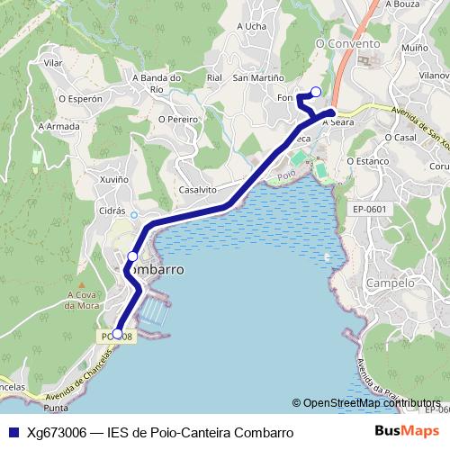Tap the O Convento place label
pos(345,42)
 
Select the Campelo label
pos(390,283)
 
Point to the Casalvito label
pos(197,190)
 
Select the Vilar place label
pos(53,64)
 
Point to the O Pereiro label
pos(177,118)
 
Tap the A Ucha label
pos(251,26)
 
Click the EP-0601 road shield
pos(369,210)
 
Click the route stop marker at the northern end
pos(315,91)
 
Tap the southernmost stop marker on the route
pos(117,334)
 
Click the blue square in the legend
pos(13,432)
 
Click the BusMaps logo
pos(408,431)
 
